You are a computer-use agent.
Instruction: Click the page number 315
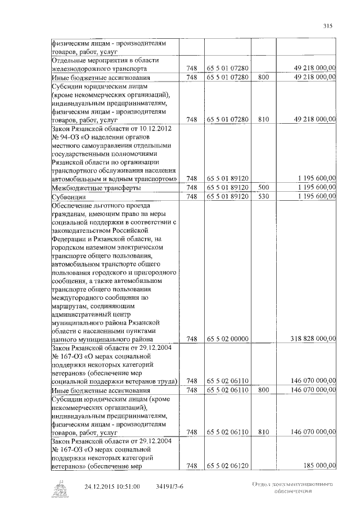[328, 25]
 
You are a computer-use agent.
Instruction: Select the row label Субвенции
[69, 196]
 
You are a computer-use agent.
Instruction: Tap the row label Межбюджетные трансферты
[96, 188]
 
